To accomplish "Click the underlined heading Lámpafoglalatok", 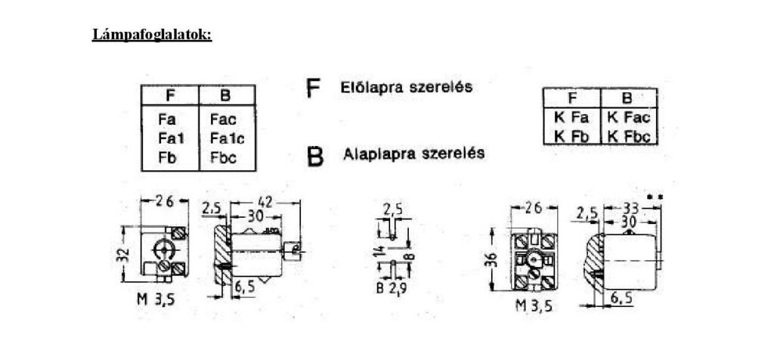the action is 152,36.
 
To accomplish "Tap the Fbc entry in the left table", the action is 223,157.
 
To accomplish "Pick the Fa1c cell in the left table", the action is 227,138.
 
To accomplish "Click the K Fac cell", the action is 628,117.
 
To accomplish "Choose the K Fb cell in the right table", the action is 571,135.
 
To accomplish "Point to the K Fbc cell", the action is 628,135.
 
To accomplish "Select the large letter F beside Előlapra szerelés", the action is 313,88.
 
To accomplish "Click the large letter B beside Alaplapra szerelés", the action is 315,155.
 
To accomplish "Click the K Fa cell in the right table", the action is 571,117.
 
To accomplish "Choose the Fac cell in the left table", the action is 223,119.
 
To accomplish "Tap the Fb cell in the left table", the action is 168,157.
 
